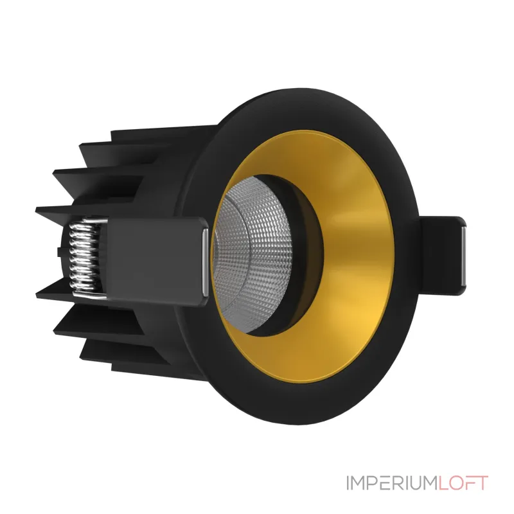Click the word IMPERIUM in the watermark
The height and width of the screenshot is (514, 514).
tap(391, 483)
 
